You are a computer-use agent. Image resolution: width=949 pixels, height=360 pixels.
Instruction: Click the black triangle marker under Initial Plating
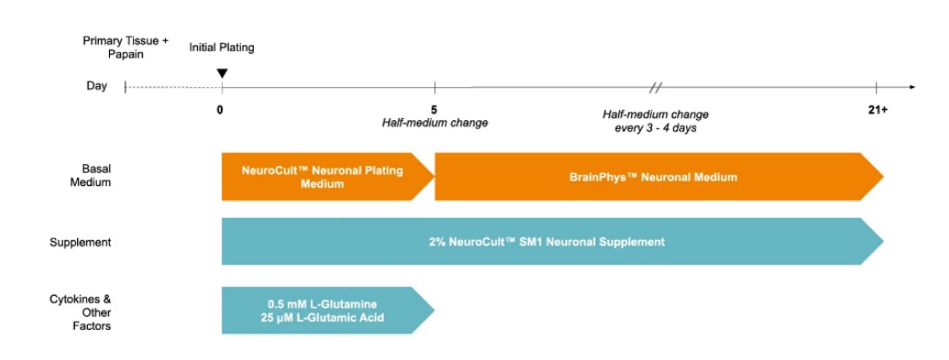click(222, 73)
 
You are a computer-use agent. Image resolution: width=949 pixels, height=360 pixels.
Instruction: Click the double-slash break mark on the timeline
click(655, 88)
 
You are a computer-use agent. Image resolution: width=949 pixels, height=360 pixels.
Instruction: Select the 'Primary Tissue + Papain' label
click(125, 48)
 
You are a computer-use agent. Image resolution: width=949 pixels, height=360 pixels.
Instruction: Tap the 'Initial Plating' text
click(222, 47)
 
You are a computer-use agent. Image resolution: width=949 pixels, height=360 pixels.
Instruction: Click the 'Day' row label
click(96, 86)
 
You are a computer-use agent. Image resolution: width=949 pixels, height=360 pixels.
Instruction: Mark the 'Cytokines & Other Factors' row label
click(81, 312)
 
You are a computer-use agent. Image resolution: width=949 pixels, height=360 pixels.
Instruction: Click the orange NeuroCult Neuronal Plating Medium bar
click(321, 177)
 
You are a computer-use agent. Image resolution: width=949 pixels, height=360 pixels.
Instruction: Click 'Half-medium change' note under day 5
click(434, 123)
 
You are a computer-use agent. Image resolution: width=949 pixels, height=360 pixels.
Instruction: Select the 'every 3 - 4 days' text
click(655, 127)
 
